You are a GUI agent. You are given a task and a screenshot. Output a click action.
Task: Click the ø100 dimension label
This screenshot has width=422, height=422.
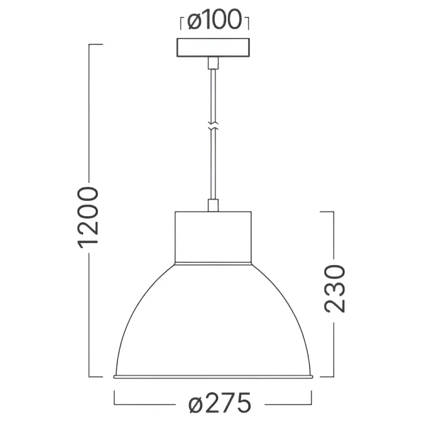[214, 20]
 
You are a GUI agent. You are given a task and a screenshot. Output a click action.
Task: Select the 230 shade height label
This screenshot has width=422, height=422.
[335, 289]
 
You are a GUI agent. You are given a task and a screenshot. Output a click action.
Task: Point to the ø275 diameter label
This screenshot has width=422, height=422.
[219, 403]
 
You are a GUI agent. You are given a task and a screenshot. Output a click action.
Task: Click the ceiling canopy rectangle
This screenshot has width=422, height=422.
[213, 48]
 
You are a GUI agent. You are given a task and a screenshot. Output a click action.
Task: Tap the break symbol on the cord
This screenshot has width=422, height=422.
[213, 125]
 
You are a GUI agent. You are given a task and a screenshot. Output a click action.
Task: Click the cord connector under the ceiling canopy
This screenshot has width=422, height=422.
[213, 63]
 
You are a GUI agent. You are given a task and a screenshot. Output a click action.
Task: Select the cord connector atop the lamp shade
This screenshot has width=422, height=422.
[213, 205]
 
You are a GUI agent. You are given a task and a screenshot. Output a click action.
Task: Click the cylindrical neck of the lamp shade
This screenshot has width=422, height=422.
[213, 237]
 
